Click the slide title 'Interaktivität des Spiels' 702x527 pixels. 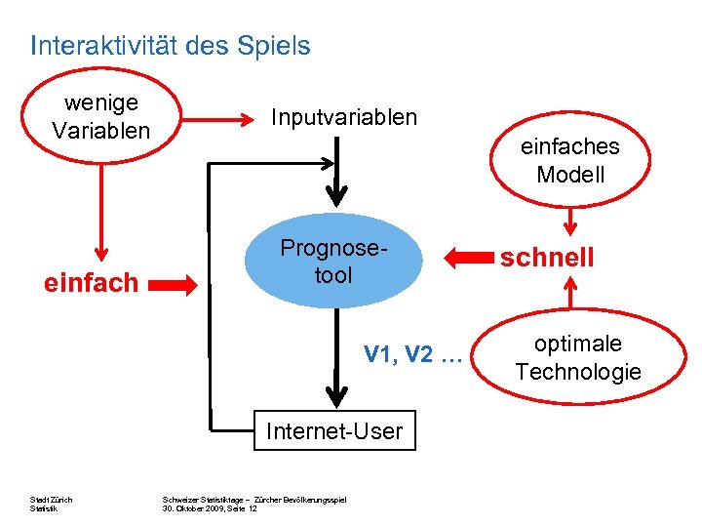(x=171, y=46)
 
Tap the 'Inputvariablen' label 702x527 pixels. (x=343, y=118)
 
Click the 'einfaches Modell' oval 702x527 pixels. (x=569, y=161)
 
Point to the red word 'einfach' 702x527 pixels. (x=91, y=284)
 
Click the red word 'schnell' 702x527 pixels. (x=546, y=258)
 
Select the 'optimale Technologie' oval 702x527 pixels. (x=577, y=358)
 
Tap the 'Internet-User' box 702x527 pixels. (x=334, y=431)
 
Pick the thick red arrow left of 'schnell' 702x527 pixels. (x=469, y=259)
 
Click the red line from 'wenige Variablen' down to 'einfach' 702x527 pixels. (x=98, y=205)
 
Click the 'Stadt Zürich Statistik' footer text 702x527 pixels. (x=52, y=505)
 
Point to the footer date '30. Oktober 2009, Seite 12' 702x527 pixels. (x=210, y=508)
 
